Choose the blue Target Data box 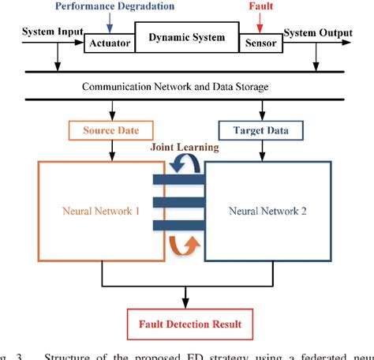(x=260, y=129)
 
